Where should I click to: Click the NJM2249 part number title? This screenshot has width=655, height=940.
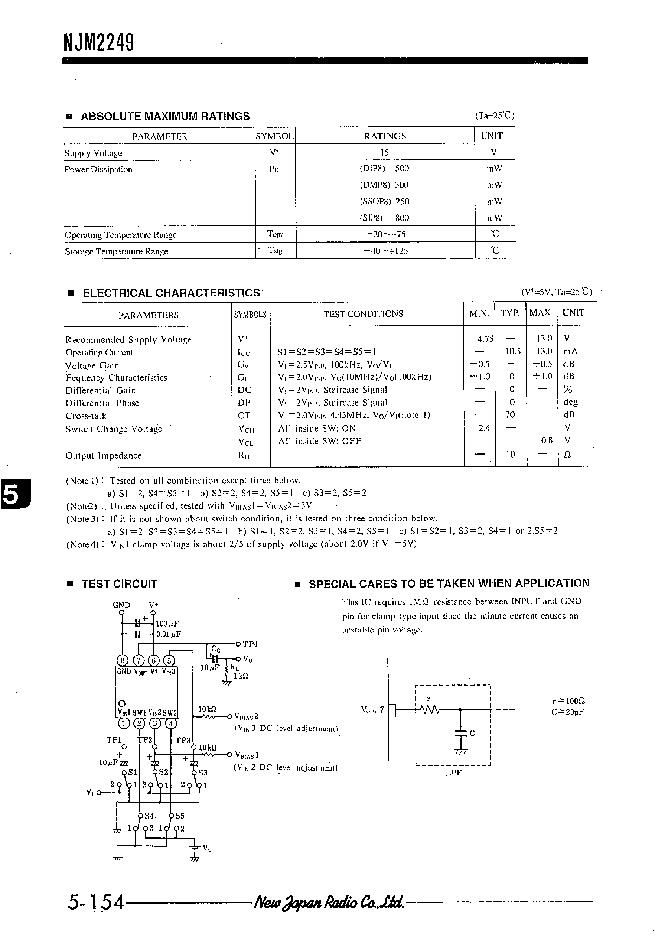coord(99,42)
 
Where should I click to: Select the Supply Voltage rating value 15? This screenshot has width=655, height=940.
coord(384,152)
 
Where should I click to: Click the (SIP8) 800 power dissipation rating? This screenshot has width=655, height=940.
coord(384,218)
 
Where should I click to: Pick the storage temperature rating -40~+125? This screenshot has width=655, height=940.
coord(385,251)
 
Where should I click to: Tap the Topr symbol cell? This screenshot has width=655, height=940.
coord(275,234)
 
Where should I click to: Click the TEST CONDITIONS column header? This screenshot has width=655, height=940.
coord(363,313)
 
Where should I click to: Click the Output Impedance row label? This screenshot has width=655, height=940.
coord(104,455)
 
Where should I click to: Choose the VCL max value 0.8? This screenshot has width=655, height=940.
coord(547,440)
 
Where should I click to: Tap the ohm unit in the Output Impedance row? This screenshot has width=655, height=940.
coord(567,455)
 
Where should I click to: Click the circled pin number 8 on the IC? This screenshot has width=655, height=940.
coord(122,660)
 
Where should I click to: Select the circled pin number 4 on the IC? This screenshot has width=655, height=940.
coord(170,723)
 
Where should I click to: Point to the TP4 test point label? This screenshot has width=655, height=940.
coord(250,644)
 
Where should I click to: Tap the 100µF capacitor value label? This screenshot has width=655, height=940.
coord(167,624)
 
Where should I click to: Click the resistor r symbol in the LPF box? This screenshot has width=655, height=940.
coord(430,709)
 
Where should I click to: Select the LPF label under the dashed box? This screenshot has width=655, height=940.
coord(454,773)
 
